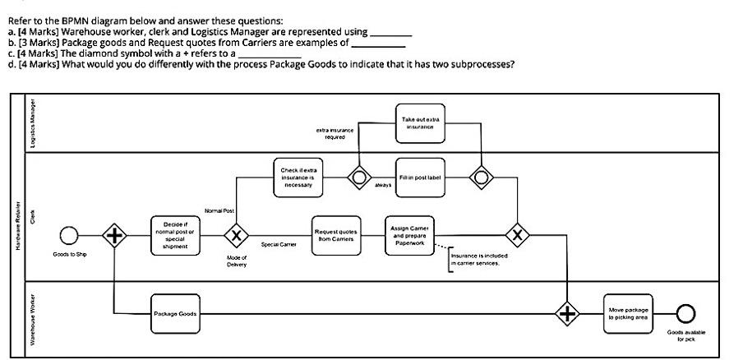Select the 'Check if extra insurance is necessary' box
tap(297, 177)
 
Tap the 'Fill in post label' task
tap(420, 177)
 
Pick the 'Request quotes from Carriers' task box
tap(335, 234)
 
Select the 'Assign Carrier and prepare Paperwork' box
tap(409, 234)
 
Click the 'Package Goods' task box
tap(174, 313)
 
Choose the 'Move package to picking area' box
tap(629, 313)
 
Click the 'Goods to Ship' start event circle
tap(70, 236)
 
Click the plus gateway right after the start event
tap(114, 236)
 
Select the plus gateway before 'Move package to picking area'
tap(568, 313)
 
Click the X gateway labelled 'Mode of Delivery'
tap(237, 235)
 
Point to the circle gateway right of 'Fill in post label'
tap(481, 177)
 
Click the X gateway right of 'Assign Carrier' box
tap(517, 235)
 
